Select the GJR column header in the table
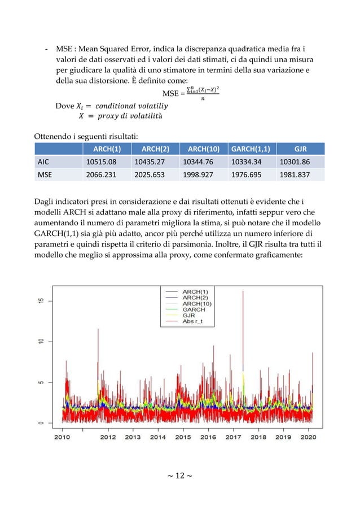301,149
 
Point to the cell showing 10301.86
301,162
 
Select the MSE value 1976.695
251,175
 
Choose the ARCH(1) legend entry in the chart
194,291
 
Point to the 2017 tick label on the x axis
233,437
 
